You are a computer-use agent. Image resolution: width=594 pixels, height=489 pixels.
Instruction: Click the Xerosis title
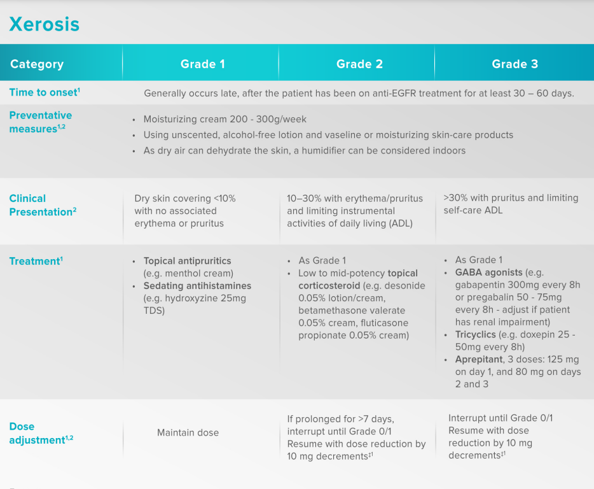pyautogui.click(x=45, y=24)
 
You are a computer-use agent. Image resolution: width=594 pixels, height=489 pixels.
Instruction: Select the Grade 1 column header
pyautogui.click(x=202, y=64)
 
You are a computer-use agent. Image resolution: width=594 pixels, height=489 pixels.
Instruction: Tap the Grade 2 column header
pyautogui.click(x=359, y=64)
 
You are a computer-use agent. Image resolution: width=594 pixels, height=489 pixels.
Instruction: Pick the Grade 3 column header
pyautogui.click(x=515, y=64)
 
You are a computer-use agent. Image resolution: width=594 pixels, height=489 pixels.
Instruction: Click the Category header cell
pyautogui.click(x=37, y=64)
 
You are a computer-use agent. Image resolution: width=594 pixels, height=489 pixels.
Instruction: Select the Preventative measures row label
pyautogui.click(x=41, y=122)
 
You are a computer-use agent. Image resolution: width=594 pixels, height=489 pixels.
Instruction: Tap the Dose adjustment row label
pyautogui.click(x=41, y=433)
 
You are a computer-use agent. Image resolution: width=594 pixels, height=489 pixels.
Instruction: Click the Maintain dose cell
pyautogui.click(x=188, y=432)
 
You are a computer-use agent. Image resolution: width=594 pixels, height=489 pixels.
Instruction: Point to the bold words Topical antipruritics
pyautogui.click(x=187, y=261)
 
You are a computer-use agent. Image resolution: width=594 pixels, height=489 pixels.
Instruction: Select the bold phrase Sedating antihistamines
pyautogui.click(x=197, y=286)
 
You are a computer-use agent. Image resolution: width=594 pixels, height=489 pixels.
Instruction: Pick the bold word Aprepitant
pyautogui.click(x=479, y=359)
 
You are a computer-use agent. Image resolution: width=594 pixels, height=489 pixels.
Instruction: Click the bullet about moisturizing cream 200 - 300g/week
pyautogui.click(x=224, y=119)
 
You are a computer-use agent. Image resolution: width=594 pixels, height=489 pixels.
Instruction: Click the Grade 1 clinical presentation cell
pyautogui.click(x=184, y=211)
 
